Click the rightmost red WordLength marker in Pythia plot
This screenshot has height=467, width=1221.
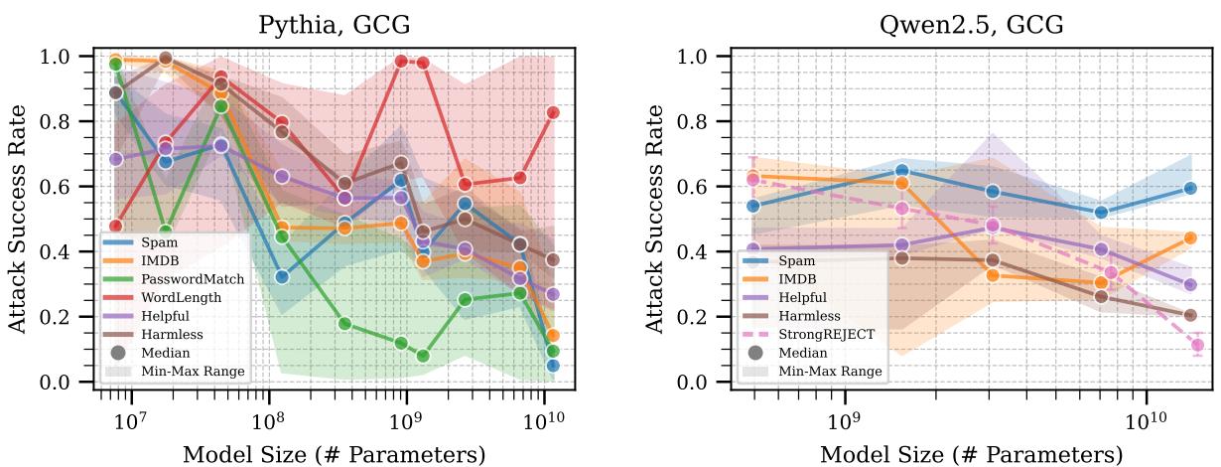point(553,112)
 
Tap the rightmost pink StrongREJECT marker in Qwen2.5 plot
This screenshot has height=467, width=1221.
point(1197,345)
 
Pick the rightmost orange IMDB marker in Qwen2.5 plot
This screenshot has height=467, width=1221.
point(1190,238)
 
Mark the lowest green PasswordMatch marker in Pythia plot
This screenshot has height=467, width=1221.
point(423,356)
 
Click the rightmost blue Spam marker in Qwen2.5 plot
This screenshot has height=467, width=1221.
point(1190,189)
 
